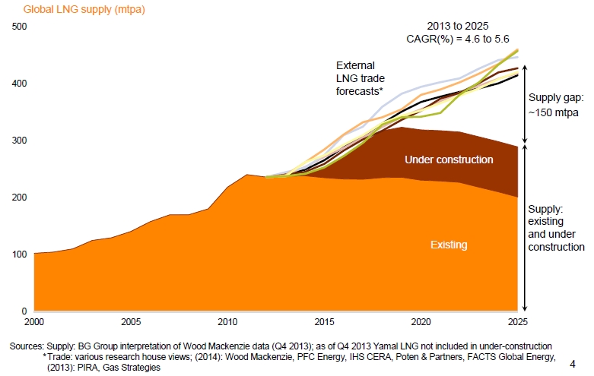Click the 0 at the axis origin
pos(24,311)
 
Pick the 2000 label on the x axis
pos(34,321)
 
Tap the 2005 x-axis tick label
pos(131,321)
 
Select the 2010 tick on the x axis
pos(227,321)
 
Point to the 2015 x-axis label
pos(325,321)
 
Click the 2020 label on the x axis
pos(421,321)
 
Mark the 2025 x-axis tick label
pos(517,321)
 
